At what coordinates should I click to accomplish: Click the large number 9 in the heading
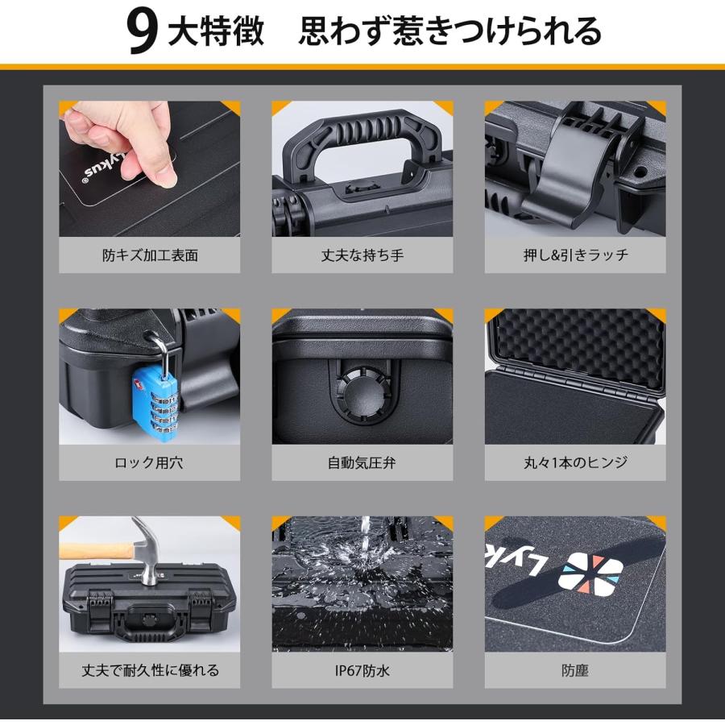point(142,33)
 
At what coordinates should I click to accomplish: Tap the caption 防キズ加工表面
point(150,255)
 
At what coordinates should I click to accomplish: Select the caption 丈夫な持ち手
point(362,255)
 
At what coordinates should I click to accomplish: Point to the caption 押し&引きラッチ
point(575,255)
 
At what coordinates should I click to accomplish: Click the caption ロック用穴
point(150,463)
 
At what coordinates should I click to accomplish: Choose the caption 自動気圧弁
point(362,463)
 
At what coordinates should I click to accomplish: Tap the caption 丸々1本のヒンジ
point(575,463)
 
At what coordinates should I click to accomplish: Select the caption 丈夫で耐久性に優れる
point(150,670)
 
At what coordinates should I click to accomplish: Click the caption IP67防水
point(362,670)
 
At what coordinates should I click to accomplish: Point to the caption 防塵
point(575,670)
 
